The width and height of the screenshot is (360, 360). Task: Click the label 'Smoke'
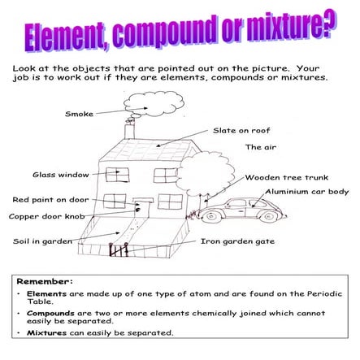[x=79, y=114]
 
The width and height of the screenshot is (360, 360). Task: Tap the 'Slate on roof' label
[x=241, y=130]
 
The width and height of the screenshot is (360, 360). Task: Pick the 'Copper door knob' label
[x=46, y=216]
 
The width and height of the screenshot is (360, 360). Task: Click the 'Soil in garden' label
[x=42, y=241]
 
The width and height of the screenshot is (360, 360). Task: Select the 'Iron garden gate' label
[x=237, y=241]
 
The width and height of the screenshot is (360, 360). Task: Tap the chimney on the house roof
[x=130, y=130]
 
